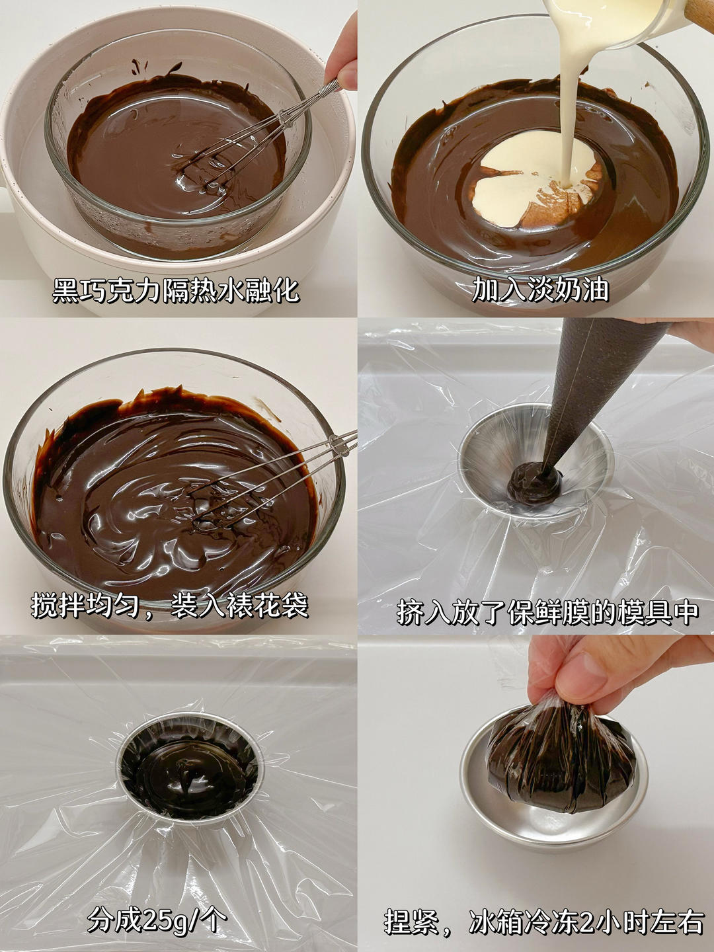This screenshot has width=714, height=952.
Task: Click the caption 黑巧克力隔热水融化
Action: [x=176, y=291]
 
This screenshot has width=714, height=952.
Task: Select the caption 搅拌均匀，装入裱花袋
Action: [x=170, y=606]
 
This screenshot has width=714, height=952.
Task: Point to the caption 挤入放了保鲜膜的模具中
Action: [x=548, y=612]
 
